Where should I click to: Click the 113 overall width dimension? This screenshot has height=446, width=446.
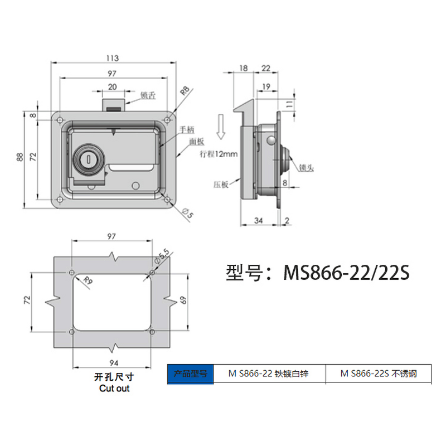point(111,57)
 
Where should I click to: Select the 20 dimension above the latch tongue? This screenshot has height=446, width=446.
point(113,86)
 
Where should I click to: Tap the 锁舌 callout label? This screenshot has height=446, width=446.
point(148,95)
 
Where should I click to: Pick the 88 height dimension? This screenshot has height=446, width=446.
point(21,158)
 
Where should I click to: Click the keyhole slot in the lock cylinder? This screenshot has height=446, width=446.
point(89,159)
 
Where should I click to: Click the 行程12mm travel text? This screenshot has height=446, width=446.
point(219,154)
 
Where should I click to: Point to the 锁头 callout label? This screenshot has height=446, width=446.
point(306,167)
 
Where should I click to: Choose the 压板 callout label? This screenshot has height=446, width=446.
point(221,185)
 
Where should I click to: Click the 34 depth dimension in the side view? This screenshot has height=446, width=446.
point(258,221)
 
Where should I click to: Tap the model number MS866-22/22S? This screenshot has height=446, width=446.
point(318,273)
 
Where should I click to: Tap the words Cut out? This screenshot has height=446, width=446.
point(114,389)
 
